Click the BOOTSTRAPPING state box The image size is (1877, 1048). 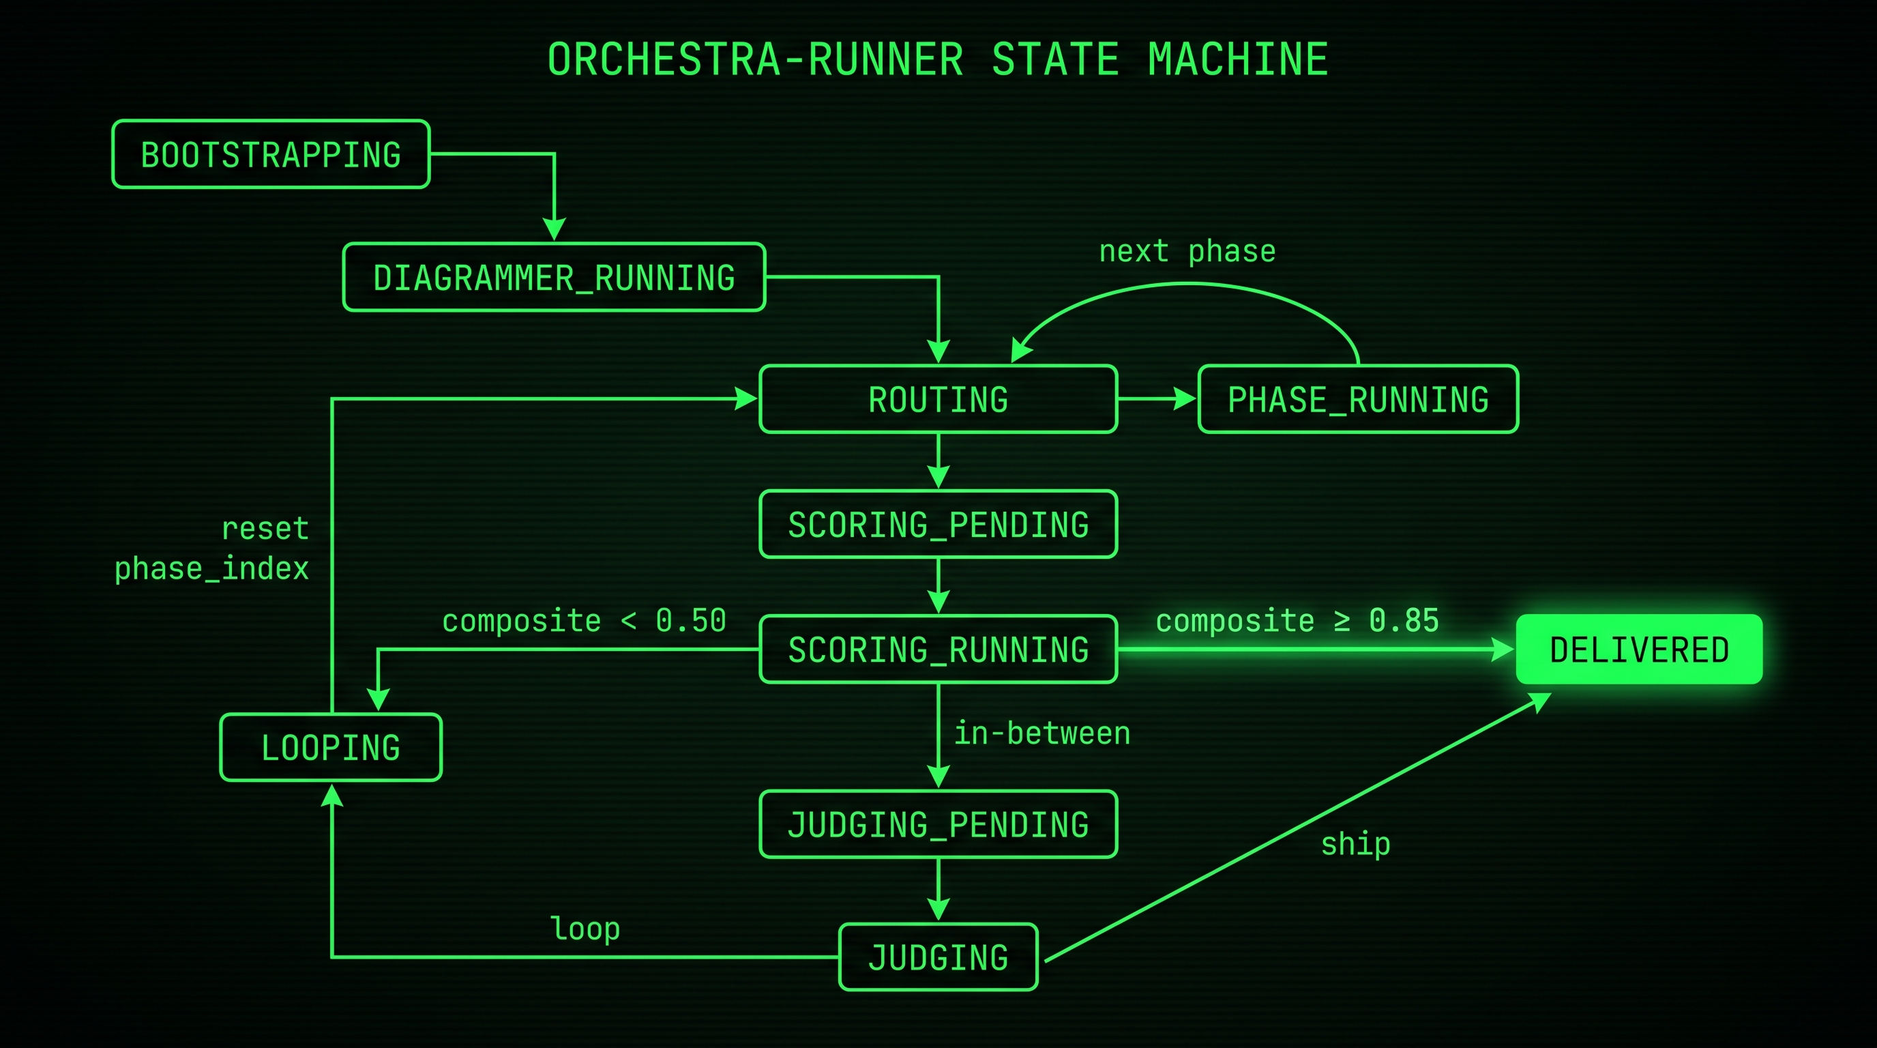pos(270,154)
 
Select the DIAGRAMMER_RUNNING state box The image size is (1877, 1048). pos(554,278)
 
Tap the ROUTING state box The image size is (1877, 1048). pos(938,399)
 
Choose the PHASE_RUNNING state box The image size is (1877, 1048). pos(1357,399)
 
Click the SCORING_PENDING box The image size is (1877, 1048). pos(938,525)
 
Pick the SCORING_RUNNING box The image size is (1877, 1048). pos(938,650)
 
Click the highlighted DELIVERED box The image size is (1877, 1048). pos(1639,650)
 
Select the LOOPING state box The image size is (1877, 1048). pos(330,748)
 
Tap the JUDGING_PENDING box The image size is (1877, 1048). pos(938,825)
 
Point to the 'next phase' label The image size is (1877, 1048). pos(1187,252)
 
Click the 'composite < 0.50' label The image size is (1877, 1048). pos(584,621)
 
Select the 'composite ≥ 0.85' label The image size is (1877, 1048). pos(1297,621)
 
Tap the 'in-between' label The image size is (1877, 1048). pos(1042,733)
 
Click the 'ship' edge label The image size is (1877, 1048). pos(1355,844)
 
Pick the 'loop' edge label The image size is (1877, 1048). pos(585,929)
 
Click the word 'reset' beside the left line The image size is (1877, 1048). pos(265,528)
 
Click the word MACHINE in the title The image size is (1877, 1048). pos(1238,60)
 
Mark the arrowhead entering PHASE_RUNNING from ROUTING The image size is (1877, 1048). pos(1185,398)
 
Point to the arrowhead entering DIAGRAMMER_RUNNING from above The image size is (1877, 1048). pos(555,229)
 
